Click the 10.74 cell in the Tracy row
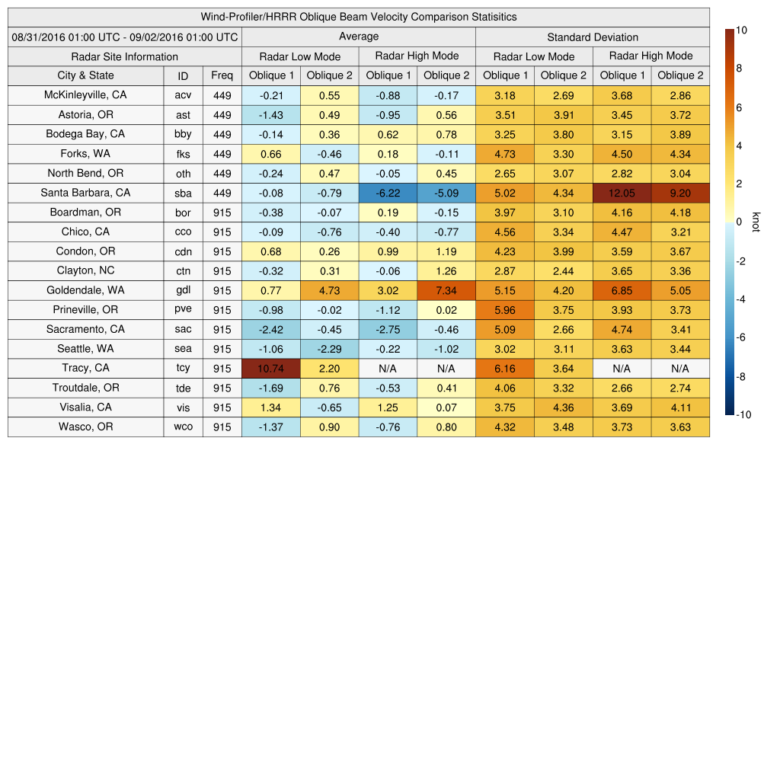[270, 369]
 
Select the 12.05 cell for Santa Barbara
[622, 193]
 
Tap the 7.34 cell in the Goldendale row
[446, 290]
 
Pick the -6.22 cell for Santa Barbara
[388, 193]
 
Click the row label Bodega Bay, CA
[85, 134]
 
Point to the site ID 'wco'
[183, 427]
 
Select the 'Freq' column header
[222, 75]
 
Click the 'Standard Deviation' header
[593, 37]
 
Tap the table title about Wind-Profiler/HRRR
[359, 17]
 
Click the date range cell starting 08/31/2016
[125, 37]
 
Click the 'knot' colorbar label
[756, 222]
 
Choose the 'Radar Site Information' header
[124, 56]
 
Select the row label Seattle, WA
[85, 349]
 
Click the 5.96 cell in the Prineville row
[504, 310]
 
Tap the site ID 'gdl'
[183, 290]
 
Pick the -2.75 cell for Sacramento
[388, 330]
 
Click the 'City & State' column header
[85, 75]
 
